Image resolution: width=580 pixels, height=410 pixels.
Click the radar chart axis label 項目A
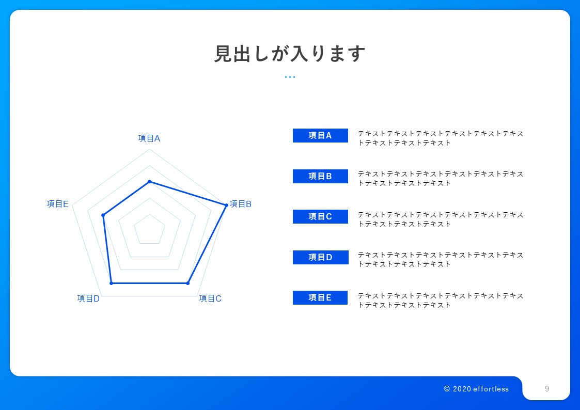pos(149,138)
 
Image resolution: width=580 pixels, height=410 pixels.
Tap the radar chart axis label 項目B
pos(241,204)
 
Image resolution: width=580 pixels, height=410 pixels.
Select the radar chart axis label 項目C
pos(210,298)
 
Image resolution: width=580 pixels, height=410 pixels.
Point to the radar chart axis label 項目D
pos(88,298)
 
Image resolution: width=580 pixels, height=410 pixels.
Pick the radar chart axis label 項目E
pos(58,204)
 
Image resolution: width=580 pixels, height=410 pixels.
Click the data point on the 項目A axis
pos(149,181)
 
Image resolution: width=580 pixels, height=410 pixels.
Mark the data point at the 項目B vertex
pos(226,205)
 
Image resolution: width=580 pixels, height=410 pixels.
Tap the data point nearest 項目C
pos(187,283)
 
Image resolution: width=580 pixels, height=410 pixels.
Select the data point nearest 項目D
pos(111,283)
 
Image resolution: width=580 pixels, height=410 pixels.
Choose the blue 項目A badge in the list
pos(320,135)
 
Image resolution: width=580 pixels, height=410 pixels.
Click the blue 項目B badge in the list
pos(320,176)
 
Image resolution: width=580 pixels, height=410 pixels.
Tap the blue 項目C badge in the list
pos(320,216)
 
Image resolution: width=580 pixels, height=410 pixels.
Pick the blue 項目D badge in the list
pos(320,257)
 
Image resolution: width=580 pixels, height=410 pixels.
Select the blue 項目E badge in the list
pos(320,297)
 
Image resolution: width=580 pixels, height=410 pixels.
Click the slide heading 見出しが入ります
pos(290,54)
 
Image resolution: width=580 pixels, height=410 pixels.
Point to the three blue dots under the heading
pos(290,77)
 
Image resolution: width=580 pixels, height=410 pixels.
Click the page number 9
pos(547,389)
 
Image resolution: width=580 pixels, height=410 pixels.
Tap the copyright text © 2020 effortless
pos(476,389)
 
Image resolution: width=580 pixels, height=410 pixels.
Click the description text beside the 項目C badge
pos(441,219)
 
